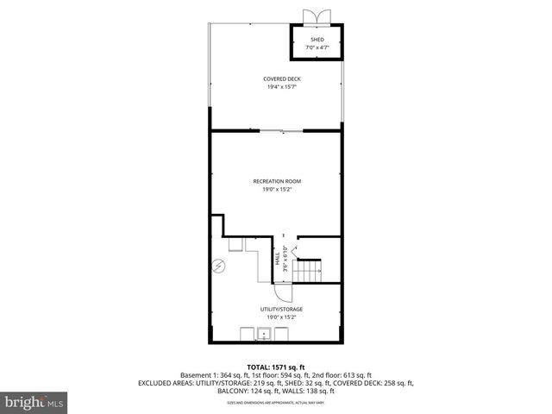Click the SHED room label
click(317, 40)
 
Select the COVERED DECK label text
click(276, 78)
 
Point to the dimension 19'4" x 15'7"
click(276, 86)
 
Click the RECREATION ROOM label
click(276, 180)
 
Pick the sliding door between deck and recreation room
click(276, 131)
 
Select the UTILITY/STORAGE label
click(282, 309)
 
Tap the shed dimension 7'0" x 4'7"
click(317, 48)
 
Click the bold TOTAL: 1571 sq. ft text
click(276, 367)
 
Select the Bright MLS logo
click(34, 402)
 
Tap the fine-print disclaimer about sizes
click(276, 403)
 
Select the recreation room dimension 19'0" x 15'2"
click(276, 189)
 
